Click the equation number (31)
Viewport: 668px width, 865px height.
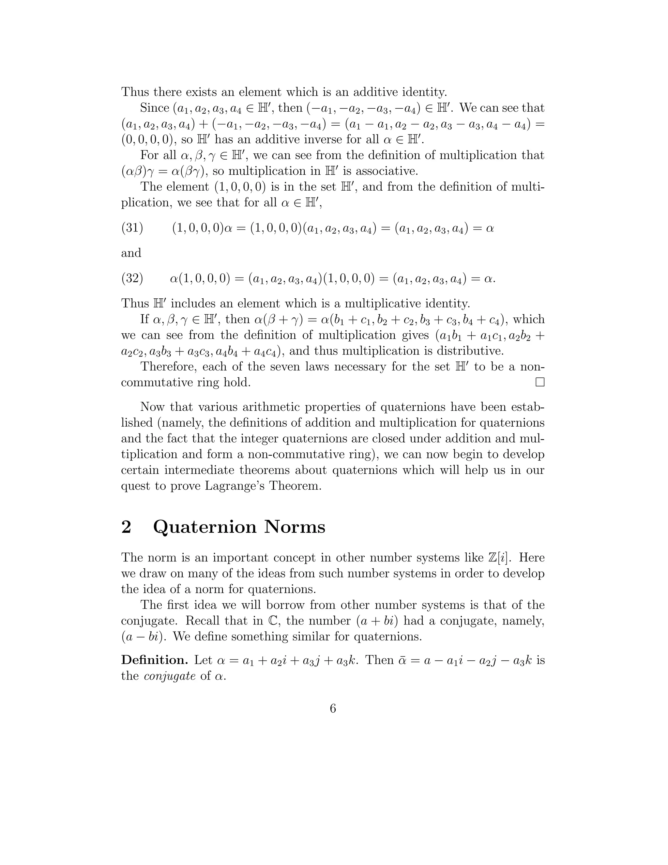pyautogui.click(x=132, y=228)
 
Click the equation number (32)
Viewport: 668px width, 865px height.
pyautogui.click(x=132, y=278)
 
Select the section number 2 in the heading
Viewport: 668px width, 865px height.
pyautogui.click(x=126, y=527)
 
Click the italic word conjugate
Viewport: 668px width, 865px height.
pyautogui.click(x=170, y=676)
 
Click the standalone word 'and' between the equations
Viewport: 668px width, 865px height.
pyautogui.click(x=131, y=253)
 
